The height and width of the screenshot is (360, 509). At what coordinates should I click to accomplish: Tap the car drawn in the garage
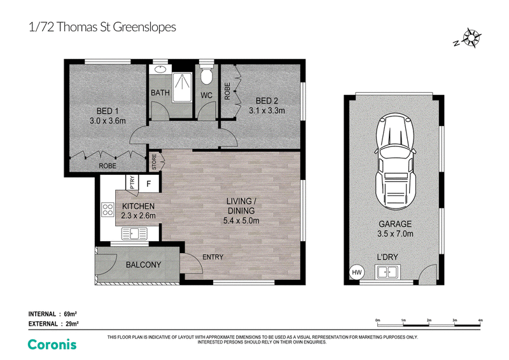(x=394, y=161)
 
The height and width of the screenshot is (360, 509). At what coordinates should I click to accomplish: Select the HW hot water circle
(x=356, y=272)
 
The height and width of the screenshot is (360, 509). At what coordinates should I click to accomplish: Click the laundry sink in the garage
(x=387, y=272)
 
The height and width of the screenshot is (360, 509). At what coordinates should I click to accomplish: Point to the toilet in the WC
(x=206, y=74)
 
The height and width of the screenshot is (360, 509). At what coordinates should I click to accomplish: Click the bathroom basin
(x=160, y=69)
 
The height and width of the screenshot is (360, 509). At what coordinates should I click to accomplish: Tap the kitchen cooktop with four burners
(x=108, y=209)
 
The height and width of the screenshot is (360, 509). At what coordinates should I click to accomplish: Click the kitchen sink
(x=134, y=233)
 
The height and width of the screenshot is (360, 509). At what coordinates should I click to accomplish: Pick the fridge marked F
(x=149, y=184)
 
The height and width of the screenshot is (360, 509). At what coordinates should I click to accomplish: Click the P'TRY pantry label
(x=132, y=183)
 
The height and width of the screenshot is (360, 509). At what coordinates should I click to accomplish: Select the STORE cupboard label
(x=154, y=162)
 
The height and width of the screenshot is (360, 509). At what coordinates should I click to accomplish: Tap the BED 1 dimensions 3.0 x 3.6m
(x=108, y=121)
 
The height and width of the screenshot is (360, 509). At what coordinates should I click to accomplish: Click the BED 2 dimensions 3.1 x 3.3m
(x=267, y=111)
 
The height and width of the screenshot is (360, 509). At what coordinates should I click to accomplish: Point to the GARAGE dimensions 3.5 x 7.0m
(x=395, y=233)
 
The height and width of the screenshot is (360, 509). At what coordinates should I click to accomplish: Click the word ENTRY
(x=213, y=257)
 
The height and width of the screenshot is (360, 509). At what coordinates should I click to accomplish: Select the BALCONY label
(x=144, y=265)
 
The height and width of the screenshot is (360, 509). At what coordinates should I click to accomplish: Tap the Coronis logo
(x=52, y=345)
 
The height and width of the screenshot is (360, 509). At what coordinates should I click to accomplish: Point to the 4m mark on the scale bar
(x=480, y=321)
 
